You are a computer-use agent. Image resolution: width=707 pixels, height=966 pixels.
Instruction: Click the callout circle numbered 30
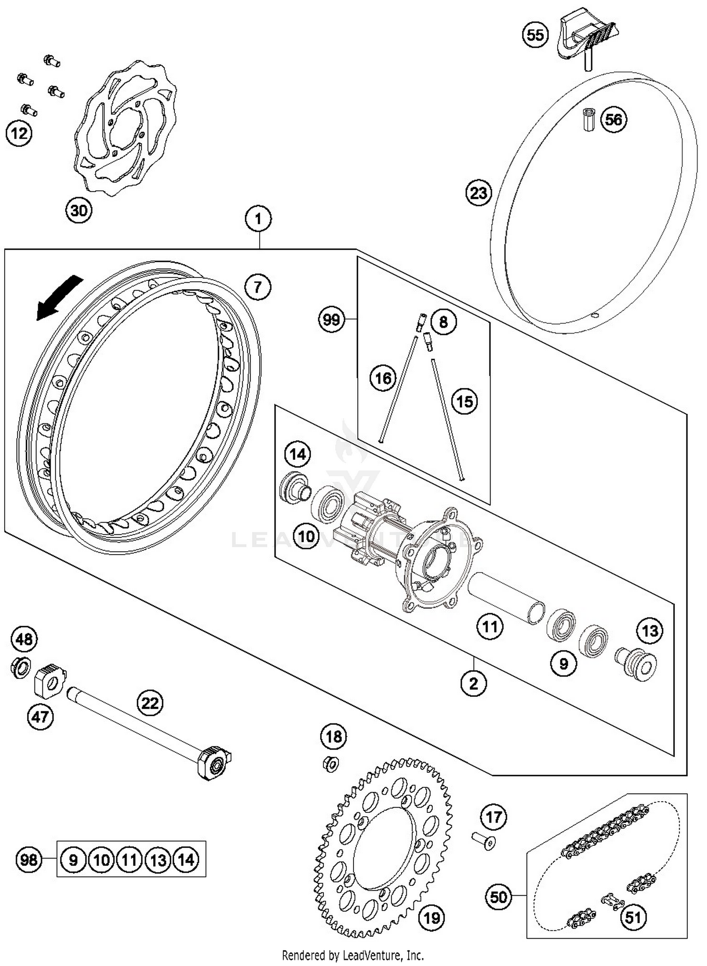[x=79, y=210]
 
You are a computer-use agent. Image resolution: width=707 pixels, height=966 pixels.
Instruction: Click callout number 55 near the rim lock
[x=535, y=35]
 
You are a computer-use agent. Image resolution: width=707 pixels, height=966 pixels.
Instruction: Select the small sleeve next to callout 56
[x=588, y=120]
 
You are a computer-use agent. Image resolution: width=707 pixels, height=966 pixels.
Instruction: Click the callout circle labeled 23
[x=478, y=193]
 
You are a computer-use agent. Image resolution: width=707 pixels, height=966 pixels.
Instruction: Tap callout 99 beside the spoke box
[x=331, y=320]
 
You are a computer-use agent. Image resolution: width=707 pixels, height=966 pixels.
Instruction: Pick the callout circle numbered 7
[x=257, y=287]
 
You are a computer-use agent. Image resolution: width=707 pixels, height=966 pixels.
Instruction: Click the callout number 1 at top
[x=258, y=219]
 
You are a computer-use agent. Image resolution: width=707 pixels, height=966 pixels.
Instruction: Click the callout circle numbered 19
[x=431, y=917]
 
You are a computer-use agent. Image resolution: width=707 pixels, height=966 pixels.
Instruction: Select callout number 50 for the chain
[x=498, y=897]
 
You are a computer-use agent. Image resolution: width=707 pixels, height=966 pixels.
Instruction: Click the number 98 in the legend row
[x=29, y=860]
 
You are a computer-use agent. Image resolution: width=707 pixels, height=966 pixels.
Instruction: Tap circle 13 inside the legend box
[x=158, y=860]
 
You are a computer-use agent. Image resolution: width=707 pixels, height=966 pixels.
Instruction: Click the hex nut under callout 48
[x=20, y=668]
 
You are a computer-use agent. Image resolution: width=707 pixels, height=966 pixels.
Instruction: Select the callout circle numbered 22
[x=150, y=704]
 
